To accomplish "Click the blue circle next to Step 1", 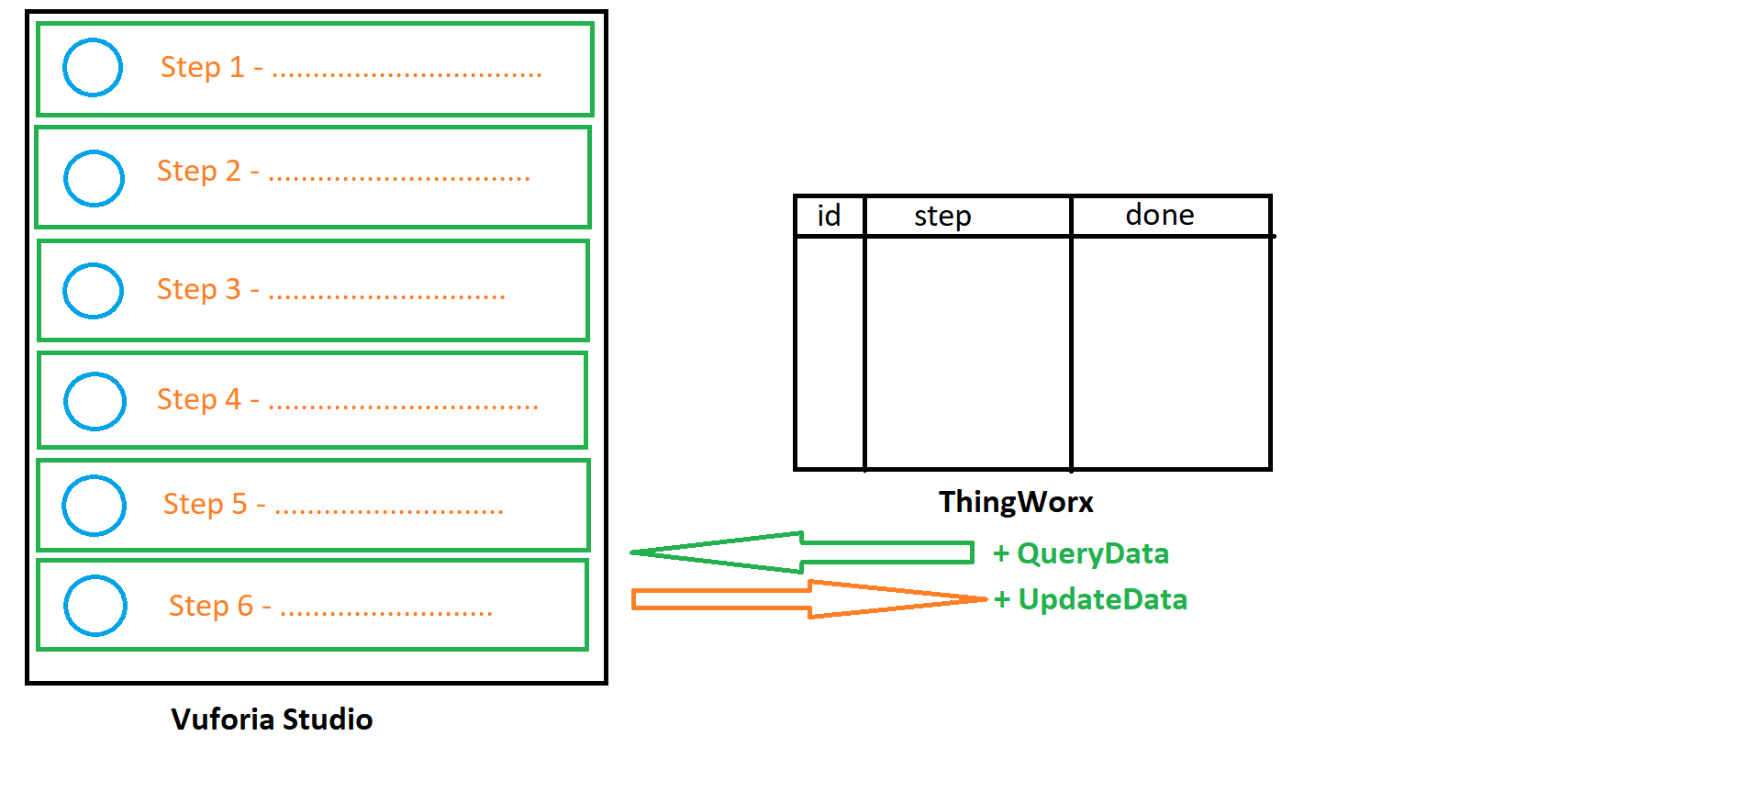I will point(93,68).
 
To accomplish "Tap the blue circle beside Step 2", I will point(94,178).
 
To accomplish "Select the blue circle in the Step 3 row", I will point(93,291).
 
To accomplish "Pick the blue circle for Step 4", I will point(95,401).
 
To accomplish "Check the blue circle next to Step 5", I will point(94,506).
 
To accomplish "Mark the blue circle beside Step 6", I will point(95,606).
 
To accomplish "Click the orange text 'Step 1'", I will point(202,68).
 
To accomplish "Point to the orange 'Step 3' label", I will point(198,290).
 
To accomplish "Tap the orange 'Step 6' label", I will point(210,606).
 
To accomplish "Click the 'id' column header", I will point(829,217).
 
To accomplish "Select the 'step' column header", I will point(942,217).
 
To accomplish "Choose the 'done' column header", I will point(1160,216).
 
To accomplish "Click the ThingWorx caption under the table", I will point(1016,503).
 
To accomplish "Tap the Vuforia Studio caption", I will point(272,719).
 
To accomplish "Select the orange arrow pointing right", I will point(808,599).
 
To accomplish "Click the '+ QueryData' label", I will point(1081,553).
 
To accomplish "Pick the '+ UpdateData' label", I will point(1090,599).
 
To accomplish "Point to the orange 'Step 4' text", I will point(198,400).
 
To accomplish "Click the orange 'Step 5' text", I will point(205,505).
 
